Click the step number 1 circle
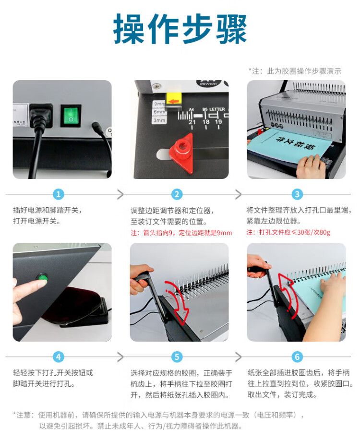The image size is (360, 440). click(x=59, y=194)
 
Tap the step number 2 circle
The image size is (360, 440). click(x=177, y=194)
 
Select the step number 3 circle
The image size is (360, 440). click(x=297, y=194)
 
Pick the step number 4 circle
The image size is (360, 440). click(x=59, y=357)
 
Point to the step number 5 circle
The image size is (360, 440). click(x=177, y=357)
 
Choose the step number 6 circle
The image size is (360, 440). click(x=297, y=357)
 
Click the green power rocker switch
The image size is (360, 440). click(x=71, y=115)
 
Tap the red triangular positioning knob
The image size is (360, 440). click(x=182, y=153)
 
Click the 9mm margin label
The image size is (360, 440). click(x=159, y=104)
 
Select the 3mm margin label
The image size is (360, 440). click(x=159, y=120)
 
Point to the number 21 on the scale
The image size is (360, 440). click(x=192, y=122)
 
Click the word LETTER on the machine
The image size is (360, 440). click(x=217, y=109)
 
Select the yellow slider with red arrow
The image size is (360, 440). click(x=174, y=101)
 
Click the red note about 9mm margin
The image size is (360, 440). click(x=181, y=233)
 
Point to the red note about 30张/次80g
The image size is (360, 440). click(x=288, y=232)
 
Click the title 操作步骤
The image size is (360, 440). click(x=180, y=29)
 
